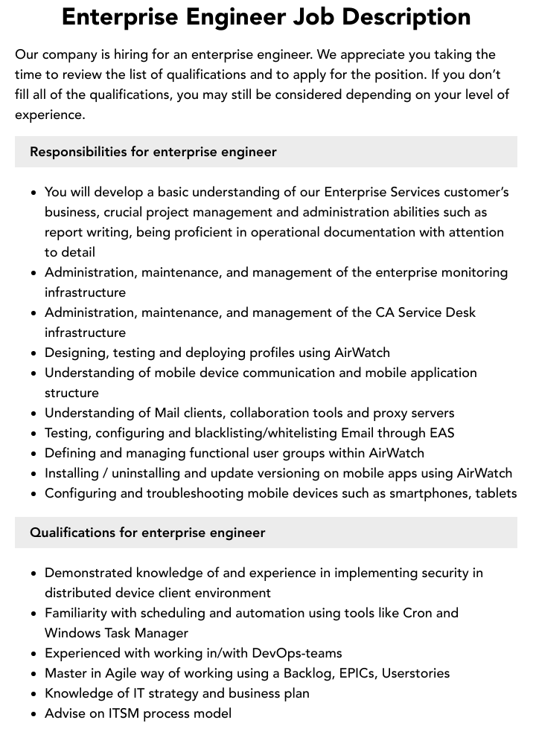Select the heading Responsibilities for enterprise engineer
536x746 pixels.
153,152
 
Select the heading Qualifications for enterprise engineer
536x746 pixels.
147,533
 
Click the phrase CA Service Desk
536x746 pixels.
425,312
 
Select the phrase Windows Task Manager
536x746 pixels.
116,633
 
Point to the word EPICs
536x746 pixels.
357,673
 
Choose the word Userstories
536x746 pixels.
415,673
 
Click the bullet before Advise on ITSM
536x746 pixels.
34,714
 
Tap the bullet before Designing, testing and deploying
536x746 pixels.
34,353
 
